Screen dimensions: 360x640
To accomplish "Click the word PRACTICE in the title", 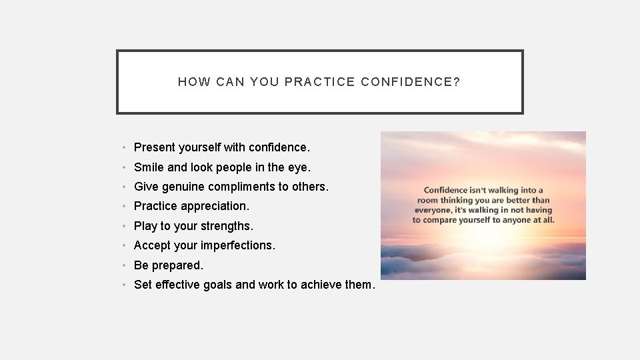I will pos(319,82).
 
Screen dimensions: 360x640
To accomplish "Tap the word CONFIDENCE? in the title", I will pos(411,82).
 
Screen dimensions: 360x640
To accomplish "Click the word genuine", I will pos(183,187).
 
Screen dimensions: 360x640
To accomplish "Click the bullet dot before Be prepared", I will pos(125,265).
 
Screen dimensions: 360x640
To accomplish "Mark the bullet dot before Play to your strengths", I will pos(125,226).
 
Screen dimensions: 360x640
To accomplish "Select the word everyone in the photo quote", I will pos(433,210).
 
